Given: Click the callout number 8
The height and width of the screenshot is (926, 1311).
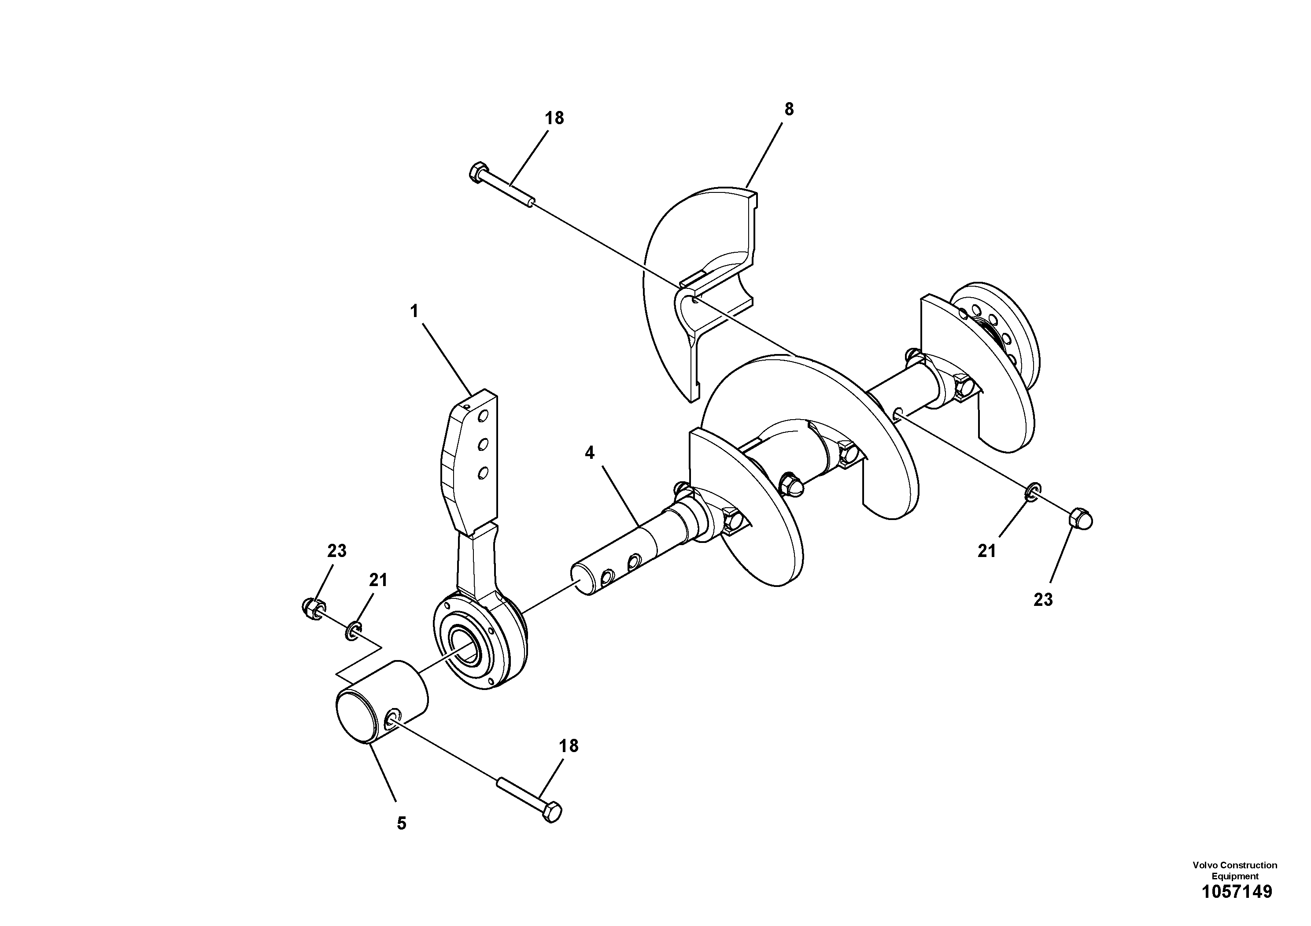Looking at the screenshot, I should click(789, 109).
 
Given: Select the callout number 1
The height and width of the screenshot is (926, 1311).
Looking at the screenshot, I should click(414, 311).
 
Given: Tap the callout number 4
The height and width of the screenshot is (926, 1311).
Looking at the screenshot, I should click(589, 453).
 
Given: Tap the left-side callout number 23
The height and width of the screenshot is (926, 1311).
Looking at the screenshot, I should click(336, 551).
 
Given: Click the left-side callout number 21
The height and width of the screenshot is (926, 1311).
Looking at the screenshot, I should click(378, 580).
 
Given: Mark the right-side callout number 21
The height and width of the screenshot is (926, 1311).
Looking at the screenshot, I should click(987, 551).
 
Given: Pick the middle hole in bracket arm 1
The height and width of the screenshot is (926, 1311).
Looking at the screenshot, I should click(483, 443).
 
